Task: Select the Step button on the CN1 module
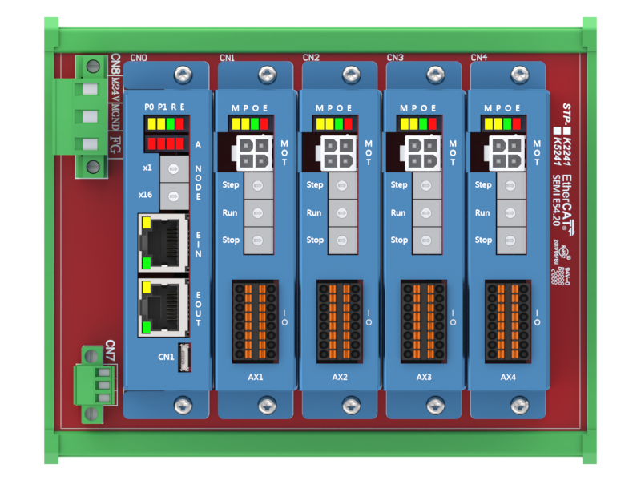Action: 257,186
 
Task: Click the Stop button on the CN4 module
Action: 510,240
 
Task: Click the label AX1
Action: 256,377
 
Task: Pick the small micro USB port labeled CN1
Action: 186,355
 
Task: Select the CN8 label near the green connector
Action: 116,62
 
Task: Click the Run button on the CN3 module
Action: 426,213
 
